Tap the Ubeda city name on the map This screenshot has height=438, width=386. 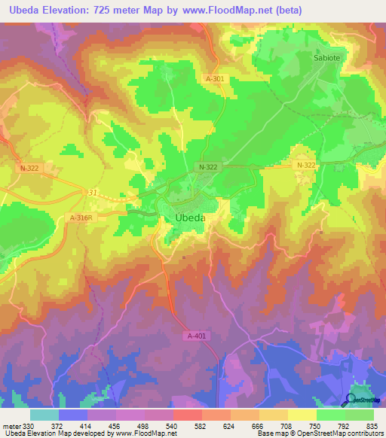point(185,218)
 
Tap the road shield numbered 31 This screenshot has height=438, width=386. point(93,193)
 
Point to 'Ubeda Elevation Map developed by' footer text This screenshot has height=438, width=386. point(57,433)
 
